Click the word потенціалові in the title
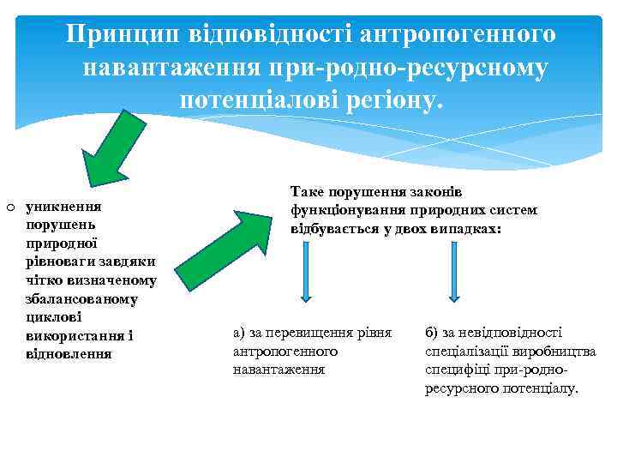[x=252, y=99]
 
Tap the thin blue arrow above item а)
[x=305, y=271]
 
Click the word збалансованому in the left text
[x=82, y=298]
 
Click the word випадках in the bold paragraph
[x=470, y=230]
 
